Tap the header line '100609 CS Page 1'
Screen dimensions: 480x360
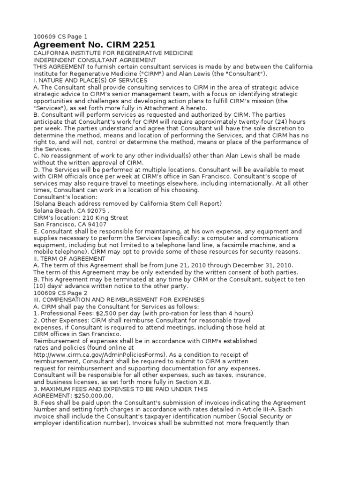point(60,36)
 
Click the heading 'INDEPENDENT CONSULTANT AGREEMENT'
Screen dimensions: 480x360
point(94,60)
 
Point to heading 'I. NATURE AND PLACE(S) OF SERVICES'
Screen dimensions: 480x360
point(90,80)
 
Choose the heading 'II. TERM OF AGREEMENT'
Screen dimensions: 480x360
point(69,258)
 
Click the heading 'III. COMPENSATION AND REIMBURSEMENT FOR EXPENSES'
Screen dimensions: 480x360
point(119,300)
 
